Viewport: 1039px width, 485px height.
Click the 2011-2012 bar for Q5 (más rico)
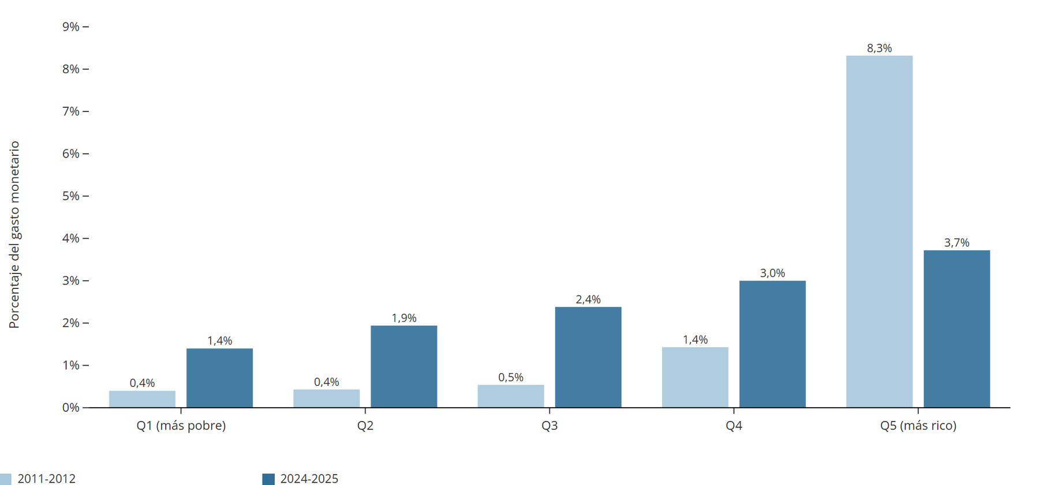pos(879,232)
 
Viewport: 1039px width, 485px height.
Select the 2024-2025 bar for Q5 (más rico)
pos(956,329)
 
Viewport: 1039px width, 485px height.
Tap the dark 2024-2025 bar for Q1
pos(219,378)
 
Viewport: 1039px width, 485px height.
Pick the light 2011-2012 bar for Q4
pos(695,377)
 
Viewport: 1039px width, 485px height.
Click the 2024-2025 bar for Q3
pos(588,357)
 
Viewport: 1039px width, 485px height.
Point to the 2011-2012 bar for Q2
pos(326,398)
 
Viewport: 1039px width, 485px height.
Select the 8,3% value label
pos(879,48)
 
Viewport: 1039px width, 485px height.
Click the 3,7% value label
pos(956,243)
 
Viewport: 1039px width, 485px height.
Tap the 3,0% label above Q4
pos(772,273)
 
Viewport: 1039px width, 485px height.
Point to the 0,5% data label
pos(511,377)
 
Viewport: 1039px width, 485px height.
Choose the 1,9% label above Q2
pos(404,318)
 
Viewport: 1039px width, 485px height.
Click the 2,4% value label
pos(588,299)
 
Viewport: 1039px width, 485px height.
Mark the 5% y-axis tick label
pos(71,196)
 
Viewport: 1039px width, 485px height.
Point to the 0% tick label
pos(71,408)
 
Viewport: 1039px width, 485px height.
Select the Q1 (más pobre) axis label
pos(181,426)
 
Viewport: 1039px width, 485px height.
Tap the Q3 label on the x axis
pos(550,426)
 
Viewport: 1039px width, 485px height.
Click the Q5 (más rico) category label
pos(918,426)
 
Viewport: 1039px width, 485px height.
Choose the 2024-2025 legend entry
pos(301,479)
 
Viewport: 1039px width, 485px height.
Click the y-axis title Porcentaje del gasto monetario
pos(14,235)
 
